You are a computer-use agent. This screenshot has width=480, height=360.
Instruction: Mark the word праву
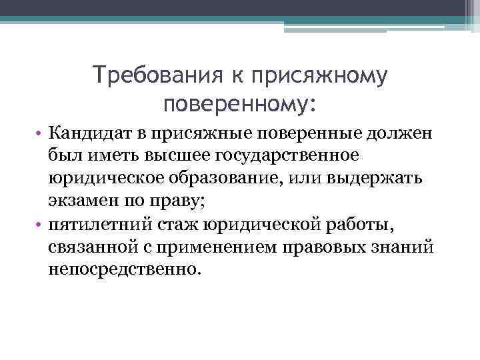176,201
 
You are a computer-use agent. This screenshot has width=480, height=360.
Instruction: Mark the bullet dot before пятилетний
39,225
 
